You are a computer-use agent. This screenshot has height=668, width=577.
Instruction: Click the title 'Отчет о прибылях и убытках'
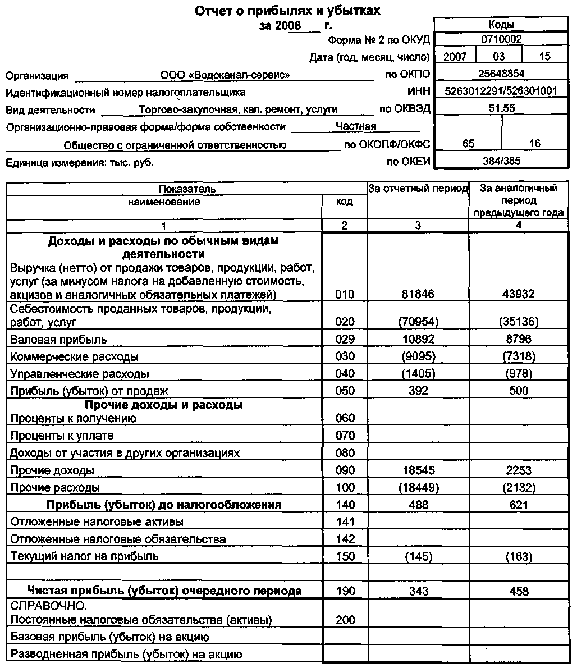click(x=288, y=11)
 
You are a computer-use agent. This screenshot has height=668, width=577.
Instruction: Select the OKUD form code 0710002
click(x=502, y=40)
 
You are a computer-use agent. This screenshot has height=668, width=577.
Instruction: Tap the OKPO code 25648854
click(x=502, y=74)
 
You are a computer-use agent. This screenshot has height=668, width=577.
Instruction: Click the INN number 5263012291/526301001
click(x=501, y=91)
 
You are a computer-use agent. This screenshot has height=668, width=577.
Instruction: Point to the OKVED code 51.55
click(x=502, y=108)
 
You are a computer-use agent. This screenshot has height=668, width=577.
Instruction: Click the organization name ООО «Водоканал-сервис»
click(x=225, y=75)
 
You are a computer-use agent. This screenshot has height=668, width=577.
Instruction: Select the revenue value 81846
click(x=418, y=294)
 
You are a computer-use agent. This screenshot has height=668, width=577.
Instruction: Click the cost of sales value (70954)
click(x=418, y=322)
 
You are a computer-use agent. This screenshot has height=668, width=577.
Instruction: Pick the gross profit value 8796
click(x=518, y=339)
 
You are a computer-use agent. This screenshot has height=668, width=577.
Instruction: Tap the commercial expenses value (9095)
click(x=418, y=356)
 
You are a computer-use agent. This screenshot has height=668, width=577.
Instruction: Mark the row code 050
click(x=345, y=391)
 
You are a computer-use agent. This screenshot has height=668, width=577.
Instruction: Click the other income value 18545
click(x=418, y=470)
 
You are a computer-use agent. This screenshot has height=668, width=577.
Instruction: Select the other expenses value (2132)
click(x=518, y=487)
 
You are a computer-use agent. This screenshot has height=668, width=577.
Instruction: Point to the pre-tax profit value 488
click(x=418, y=505)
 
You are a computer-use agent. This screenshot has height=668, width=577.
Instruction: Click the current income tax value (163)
click(x=518, y=556)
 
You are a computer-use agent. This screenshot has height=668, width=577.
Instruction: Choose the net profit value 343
click(x=418, y=591)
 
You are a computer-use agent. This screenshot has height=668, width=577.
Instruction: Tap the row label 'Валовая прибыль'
click(x=58, y=340)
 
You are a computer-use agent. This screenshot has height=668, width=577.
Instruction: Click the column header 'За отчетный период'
click(x=418, y=189)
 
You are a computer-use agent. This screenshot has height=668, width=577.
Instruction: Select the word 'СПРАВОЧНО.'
click(x=49, y=606)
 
